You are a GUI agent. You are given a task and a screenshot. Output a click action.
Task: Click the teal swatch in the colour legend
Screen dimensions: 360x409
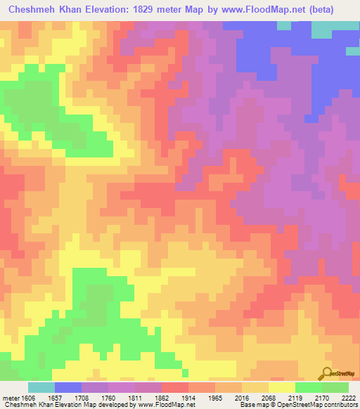tap(41, 387)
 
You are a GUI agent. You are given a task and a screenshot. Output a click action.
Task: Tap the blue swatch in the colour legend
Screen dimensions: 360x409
tap(68, 387)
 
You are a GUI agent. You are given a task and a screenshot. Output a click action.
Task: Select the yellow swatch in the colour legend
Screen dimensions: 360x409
tap(282, 387)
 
